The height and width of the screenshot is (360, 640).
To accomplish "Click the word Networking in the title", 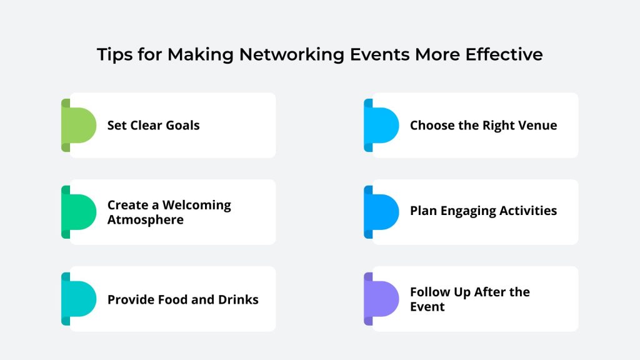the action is point(291,55).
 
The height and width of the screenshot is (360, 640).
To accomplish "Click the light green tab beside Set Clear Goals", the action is point(79,125).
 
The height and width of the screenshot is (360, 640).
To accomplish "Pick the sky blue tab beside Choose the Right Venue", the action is point(381,125).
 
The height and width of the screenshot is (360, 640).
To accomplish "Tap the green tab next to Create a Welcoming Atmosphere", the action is point(79,212).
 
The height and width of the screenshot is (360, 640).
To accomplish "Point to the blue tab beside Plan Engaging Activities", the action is point(381,212).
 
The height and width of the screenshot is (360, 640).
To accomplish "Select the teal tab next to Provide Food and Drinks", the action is point(79,299).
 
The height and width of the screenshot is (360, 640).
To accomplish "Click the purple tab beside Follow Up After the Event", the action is point(381,299).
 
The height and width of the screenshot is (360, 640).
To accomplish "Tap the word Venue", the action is point(538,125).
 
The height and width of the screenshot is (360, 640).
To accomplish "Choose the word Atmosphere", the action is point(145,220).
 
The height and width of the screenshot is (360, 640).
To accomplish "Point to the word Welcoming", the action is point(197,205).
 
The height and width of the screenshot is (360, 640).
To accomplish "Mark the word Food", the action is point(172,299).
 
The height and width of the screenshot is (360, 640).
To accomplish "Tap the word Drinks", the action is point(238,299).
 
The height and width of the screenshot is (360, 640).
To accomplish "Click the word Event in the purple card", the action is point(427,307).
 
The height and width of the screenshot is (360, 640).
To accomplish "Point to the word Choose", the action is point(432,125).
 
